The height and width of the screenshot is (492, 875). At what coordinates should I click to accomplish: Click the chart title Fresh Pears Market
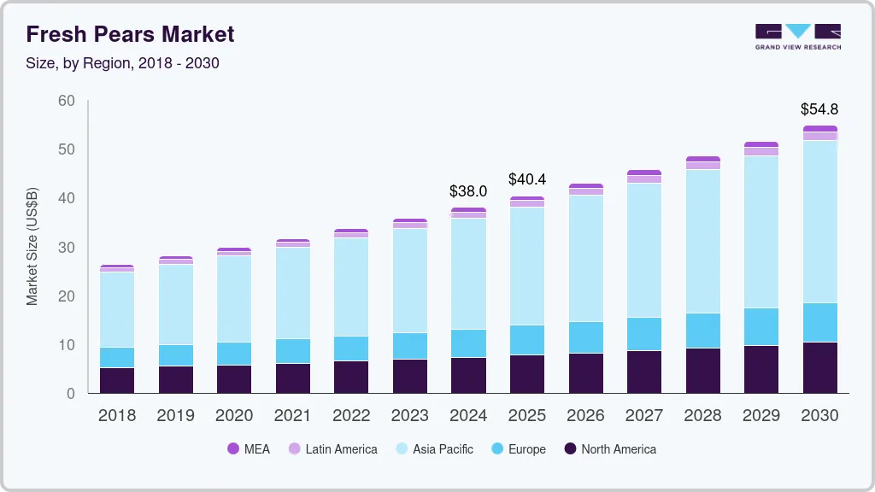pos(130,35)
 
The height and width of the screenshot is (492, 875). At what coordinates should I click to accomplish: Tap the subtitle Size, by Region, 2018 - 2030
pos(123,63)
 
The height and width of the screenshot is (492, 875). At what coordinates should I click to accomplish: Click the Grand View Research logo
pos(797,37)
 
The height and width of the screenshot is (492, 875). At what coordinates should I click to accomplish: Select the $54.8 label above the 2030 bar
pos(819,109)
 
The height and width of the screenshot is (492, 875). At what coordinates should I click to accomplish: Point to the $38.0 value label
pos(468,191)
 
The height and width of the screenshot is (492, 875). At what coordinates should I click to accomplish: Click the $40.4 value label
pos(526,179)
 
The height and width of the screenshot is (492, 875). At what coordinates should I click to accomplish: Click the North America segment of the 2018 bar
pos(117,380)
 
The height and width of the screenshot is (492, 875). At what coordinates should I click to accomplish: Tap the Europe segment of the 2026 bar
pos(585,337)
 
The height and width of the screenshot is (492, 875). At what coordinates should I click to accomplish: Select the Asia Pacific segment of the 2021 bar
pos(293,293)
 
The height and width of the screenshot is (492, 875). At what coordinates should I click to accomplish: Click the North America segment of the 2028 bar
pos(702,370)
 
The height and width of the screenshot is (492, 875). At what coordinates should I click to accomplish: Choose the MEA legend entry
pos(249,448)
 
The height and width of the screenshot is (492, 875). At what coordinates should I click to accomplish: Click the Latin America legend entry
pos(332,448)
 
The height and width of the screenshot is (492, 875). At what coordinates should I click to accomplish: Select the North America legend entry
pos(609,448)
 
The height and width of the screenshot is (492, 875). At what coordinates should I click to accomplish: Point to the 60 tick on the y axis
pos(67,101)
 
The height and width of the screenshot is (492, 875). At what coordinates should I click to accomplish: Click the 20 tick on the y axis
pos(67,296)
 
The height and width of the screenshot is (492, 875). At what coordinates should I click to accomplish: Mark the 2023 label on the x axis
pos(409,416)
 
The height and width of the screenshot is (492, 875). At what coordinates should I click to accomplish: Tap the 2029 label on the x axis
pos(760,416)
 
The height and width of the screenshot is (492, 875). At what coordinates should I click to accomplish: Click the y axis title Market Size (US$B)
pos(32,246)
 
